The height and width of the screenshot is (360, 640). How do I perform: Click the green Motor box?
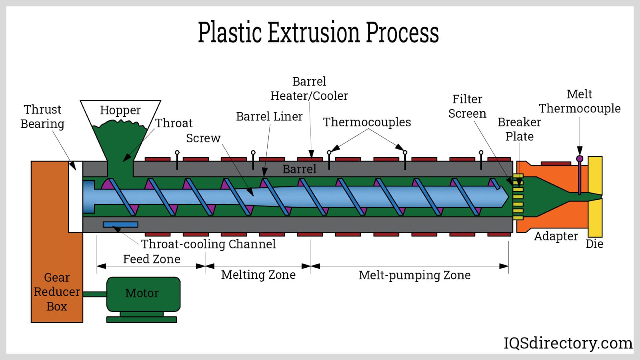click(143, 294)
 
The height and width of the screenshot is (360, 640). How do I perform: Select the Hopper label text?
click(120, 110)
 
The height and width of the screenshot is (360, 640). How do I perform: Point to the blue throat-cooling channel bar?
click(120, 224)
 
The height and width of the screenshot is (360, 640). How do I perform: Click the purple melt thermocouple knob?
click(580, 159)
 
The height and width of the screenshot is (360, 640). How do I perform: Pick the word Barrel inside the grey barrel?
click(299, 169)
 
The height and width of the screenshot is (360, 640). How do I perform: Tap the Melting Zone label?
click(258, 275)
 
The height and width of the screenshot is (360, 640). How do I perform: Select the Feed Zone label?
click(152, 259)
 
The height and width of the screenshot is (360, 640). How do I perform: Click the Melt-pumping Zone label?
click(414, 275)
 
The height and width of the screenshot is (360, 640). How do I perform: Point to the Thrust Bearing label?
click(42, 116)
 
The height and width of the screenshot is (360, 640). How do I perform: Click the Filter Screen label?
click(467, 106)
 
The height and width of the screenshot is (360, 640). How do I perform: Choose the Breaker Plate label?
click(519, 129)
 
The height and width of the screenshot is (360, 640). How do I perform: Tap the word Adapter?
click(556, 236)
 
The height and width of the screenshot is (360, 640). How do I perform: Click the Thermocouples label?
click(367, 122)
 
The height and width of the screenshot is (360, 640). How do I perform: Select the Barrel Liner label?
click(269, 116)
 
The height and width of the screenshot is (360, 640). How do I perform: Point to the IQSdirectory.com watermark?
click(568, 343)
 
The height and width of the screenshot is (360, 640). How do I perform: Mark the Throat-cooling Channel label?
click(208, 244)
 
